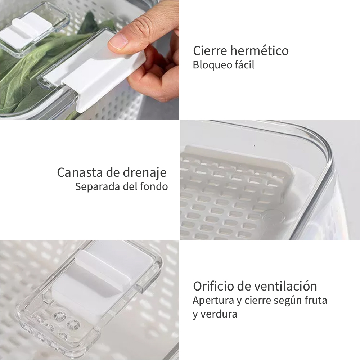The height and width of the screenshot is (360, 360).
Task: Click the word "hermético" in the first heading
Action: coord(260,50)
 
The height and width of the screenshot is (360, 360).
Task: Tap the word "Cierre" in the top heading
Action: coord(210,50)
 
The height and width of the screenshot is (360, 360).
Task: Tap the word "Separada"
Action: coord(97,186)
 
